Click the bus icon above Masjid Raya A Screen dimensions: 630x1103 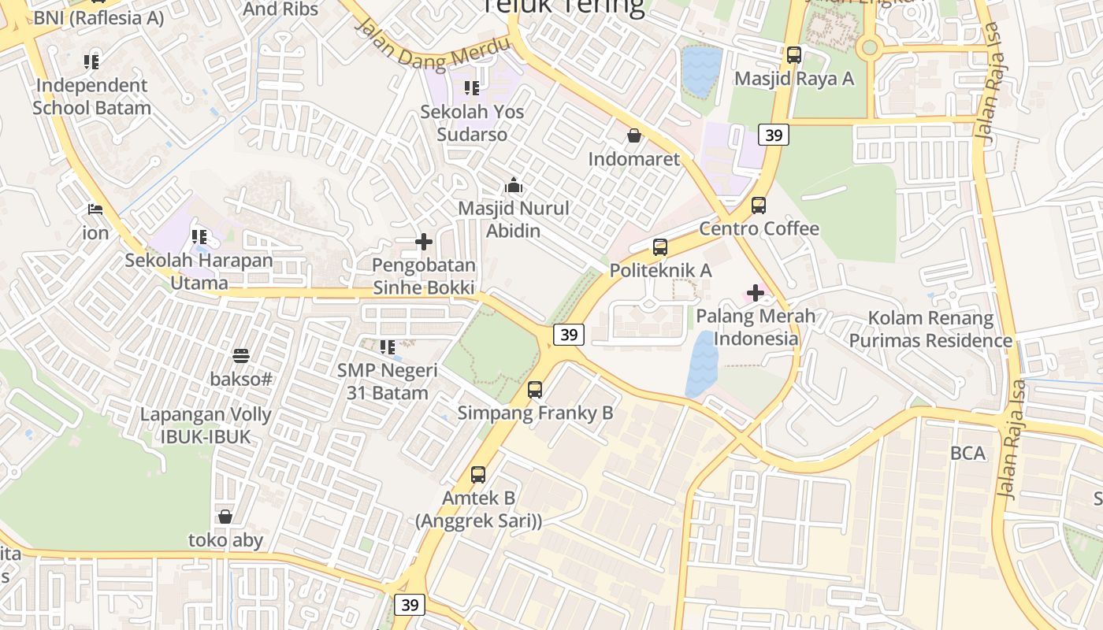[x=793, y=55]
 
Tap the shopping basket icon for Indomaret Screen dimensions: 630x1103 [x=634, y=136]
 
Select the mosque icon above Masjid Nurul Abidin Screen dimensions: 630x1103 [x=514, y=186]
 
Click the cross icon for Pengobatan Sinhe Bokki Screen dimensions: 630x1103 [x=424, y=242]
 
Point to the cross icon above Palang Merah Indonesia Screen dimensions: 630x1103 [x=756, y=294]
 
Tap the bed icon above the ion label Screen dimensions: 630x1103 [x=95, y=210]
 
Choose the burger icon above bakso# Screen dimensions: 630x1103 [x=241, y=356]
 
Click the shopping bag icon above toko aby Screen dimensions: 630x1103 [x=225, y=517]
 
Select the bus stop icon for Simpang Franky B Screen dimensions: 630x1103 [x=535, y=389]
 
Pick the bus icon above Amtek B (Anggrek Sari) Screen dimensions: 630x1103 [x=478, y=475]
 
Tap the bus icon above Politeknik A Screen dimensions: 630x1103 [x=660, y=247]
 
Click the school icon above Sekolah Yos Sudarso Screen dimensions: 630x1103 [x=471, y=88]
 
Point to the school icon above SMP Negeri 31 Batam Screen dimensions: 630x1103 [x=387, y=346]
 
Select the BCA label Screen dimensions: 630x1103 [x=967, y=453]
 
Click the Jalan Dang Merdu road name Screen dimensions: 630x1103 [x=433, y=46]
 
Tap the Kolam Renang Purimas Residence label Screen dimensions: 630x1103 [x=930, y=329]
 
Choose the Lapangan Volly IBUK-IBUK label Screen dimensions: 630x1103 [x=206, y=425]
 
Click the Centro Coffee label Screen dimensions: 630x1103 [x=759, y=228]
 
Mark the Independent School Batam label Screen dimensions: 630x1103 [x=91, y=96]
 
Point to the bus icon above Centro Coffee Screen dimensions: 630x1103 [x=759, y=206]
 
